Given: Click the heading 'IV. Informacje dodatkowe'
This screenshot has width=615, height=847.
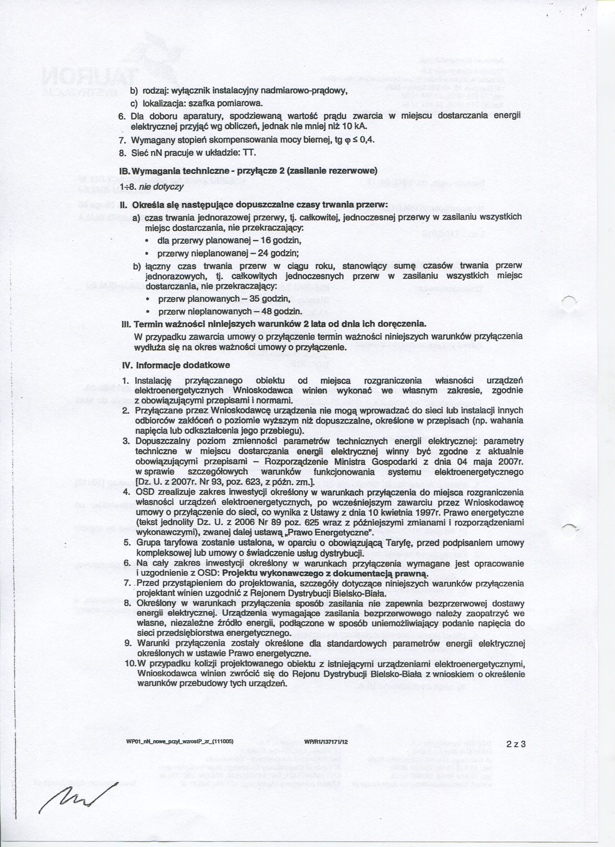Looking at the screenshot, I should (x=176, y=365).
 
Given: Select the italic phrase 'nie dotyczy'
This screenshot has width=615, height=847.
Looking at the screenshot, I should (x=161, y=187).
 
